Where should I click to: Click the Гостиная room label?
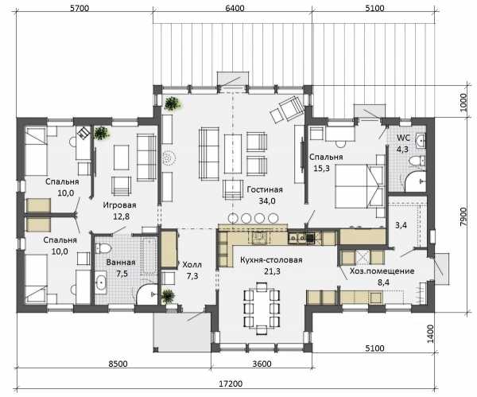(265, 189)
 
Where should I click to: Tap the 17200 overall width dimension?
(231, 384)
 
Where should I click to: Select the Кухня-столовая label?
(271, 260)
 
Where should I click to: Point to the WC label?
(403, 138)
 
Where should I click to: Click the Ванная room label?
(121, 263)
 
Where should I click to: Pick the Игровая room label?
(119, 205)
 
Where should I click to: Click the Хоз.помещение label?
(382, 271)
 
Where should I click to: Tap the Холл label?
(192, 265)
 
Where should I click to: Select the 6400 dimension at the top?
(235, 8)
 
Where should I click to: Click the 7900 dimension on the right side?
(463, 216)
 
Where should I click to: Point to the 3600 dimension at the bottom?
(262, 364)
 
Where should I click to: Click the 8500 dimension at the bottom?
(118, 364)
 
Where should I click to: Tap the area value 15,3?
(321, 168)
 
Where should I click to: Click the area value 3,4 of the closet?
(401, 226)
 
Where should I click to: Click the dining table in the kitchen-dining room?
(262, 308)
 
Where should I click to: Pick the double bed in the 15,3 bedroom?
(359, 186)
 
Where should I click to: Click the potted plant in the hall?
(168, 296)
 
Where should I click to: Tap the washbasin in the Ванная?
(100, 282)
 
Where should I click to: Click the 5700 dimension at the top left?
(79, 8)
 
